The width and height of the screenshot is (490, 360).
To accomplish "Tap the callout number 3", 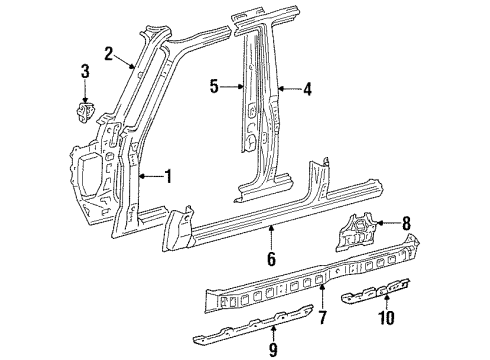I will pos(85,71).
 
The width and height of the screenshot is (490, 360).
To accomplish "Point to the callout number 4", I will pos(308,89).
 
